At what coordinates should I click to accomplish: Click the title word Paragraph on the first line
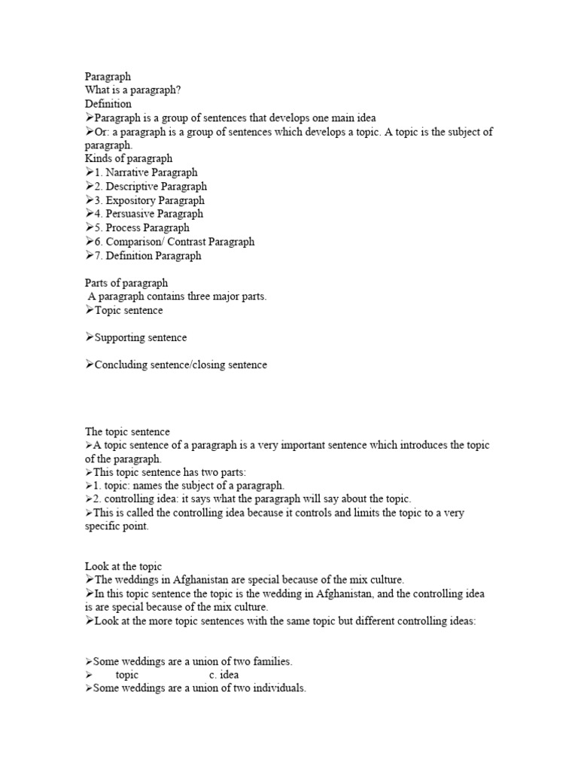pos(108,76)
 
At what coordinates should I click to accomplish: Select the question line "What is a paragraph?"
pos(133,90)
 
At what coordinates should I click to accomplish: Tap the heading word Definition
pos(108,104)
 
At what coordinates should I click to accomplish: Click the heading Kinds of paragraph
pos(129,159)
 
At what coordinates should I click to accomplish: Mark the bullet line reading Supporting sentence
pos(140,337)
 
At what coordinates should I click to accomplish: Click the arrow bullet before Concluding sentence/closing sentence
pos(89,364)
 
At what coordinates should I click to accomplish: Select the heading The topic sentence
pos(127,431)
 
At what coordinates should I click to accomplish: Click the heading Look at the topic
pos(123,566)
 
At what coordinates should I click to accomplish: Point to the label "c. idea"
pos(224,675)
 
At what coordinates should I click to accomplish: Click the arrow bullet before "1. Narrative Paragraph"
pos(89,172)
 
